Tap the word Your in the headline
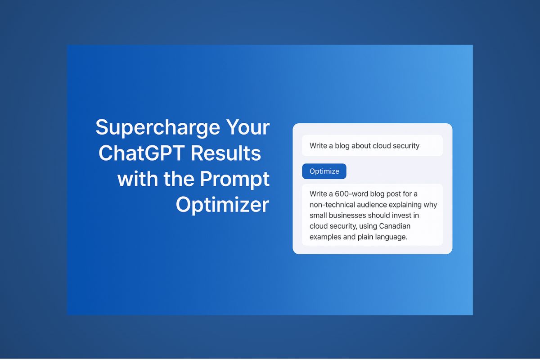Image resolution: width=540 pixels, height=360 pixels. tap(248, 128)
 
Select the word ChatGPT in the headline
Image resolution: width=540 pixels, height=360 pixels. tap(141, 153)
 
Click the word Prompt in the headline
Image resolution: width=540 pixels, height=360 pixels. tap(234, 179)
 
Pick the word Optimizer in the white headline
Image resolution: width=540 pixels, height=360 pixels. tap(222, 205)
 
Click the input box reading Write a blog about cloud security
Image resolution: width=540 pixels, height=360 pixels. tap(372, 146)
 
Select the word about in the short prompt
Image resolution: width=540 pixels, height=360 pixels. tap(358, 146)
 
